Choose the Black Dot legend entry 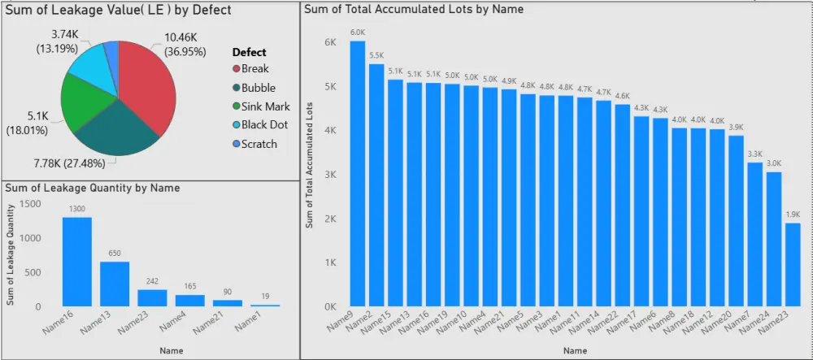click(264, 125)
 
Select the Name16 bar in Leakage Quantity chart click(77, 262)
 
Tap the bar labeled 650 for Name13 click(115, 284)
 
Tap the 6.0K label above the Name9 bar click(358, 33)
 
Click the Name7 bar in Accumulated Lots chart click(755, 235)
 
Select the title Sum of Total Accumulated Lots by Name click(414, 9)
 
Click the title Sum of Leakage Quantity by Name click(93, 188)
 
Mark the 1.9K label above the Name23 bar click(793, 215)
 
